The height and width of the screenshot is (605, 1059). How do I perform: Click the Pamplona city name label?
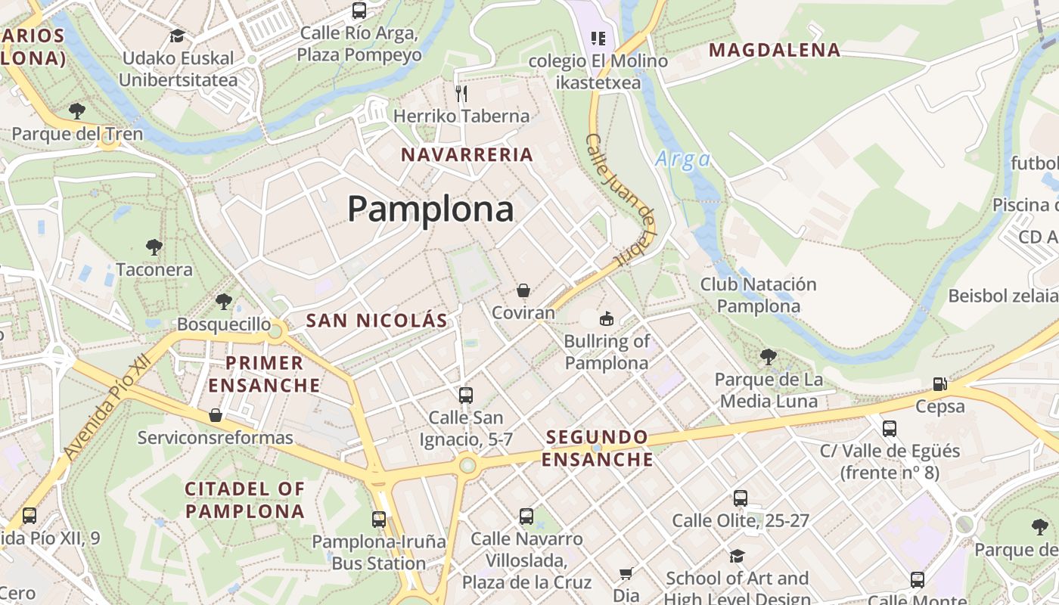click(x=430, y=209)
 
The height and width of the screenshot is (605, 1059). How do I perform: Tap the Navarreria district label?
click(x=467, y=155)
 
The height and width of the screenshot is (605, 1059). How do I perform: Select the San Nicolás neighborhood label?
click(x=377, y=320)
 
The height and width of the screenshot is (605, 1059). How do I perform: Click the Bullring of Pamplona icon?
click(x=606, y=319)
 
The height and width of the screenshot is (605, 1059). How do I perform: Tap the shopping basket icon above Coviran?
click(x=523, y=290)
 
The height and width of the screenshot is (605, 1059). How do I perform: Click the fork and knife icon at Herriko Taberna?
click(x=461, y=94)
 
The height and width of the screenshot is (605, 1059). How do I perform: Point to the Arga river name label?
click(x=682, y=160)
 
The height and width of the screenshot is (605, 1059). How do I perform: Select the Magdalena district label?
click(x=774, y=51)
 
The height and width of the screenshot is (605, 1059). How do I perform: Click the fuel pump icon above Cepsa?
click(x=939, y=384)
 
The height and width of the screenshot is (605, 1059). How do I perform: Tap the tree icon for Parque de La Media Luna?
click(x=769, y=356)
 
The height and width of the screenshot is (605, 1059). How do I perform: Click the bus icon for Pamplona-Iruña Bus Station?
click(x=379, y=520)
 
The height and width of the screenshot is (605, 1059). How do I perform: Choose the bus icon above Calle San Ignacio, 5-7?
click(x=466, y=395)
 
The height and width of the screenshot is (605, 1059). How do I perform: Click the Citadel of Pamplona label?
click(x=244, y=500)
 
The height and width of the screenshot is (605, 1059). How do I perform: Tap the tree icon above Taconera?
click(x=154, y=247)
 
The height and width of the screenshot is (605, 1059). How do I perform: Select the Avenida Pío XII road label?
click(x=107, y=408)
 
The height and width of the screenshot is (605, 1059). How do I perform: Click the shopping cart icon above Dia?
click(x=626, y=574)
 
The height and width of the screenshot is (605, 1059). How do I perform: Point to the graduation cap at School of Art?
click(x=737, y=557)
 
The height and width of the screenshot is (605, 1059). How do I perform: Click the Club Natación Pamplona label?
click(x=758, y=296)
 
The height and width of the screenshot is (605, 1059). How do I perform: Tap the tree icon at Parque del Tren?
click(x=76, y=111)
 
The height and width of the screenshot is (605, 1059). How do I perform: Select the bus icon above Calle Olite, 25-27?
click(x=741, y=498)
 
